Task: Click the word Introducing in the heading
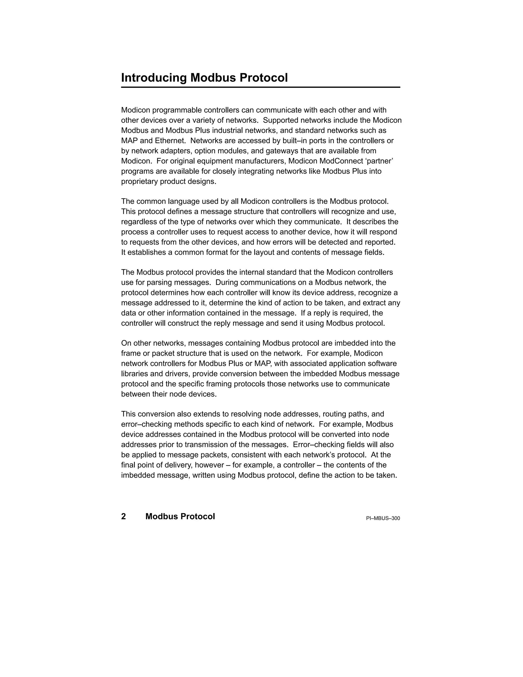tap(154, 78)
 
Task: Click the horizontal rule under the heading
tap(260, 87)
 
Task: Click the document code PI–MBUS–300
tap(383, 518)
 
